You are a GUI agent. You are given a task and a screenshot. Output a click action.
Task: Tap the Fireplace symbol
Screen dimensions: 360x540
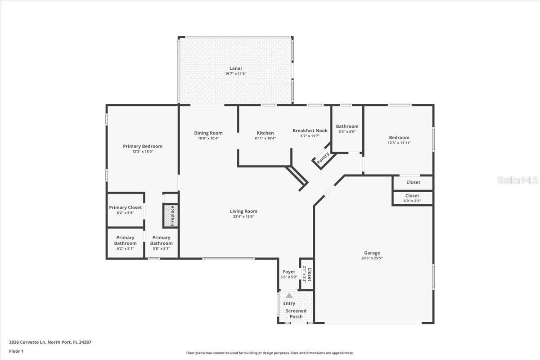click(x=171, y=216)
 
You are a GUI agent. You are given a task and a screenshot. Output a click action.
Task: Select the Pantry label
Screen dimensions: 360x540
click(x=323, y=158)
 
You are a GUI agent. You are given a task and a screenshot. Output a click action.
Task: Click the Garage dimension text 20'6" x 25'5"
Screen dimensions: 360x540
click(x=372, y=258)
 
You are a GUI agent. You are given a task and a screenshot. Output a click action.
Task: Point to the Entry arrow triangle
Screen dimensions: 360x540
click(x=289, y=296)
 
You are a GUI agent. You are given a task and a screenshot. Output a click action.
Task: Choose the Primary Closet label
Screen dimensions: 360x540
click(x=125, y=207)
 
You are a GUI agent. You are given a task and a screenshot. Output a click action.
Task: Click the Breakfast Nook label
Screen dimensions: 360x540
click(x=310, y=130)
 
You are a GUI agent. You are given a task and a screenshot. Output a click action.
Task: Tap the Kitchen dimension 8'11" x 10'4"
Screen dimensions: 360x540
click(x=265, y=138)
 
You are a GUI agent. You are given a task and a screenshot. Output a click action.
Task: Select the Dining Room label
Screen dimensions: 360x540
click(x=208, y=133)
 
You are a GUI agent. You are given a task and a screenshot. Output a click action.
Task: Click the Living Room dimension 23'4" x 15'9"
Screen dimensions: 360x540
click(x=243, y=216)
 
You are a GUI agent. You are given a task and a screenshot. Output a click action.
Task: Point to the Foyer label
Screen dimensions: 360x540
click(x=289, y=272)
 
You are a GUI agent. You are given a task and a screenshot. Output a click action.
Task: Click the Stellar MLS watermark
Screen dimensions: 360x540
click(x=517, y=180)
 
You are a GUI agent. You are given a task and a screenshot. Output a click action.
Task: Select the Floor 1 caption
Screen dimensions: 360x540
click(x=16, y=351)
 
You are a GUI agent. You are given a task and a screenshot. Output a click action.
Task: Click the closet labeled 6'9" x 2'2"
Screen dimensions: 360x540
click(x=412, y=198)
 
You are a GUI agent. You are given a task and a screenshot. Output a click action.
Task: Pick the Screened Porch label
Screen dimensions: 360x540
click(x=296, y=314)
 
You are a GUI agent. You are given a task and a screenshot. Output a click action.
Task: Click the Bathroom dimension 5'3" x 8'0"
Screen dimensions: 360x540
click(x=347, y=132)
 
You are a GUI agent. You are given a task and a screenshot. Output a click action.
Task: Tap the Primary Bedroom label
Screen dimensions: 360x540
click(x=143, y=146)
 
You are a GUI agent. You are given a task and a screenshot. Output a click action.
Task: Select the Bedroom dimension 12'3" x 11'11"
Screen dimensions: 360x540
click(x=399, y=143)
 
